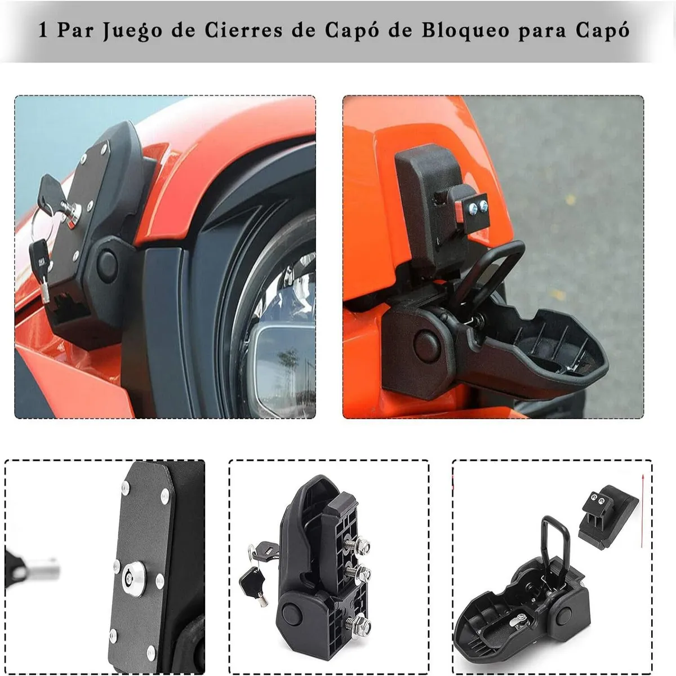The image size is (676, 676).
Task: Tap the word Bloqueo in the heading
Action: (465, 30)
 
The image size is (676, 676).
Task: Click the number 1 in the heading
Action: (42, 30)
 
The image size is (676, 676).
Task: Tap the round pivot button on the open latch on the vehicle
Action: (427, 345)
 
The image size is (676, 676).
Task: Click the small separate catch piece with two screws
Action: (608, 515)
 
